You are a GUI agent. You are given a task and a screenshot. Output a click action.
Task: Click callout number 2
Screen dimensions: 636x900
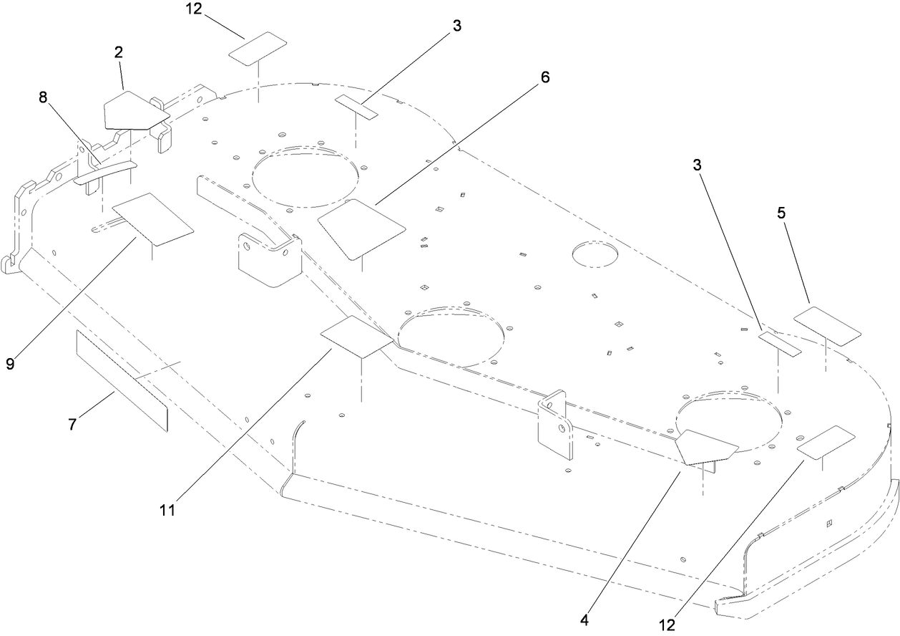pos(119,52)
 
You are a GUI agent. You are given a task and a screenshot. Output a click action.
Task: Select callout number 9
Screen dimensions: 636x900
pos(11,363)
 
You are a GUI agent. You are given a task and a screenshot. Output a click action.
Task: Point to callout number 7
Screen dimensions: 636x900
pos(72,424)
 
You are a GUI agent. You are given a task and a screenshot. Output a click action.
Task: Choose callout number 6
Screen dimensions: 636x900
pos(545,77)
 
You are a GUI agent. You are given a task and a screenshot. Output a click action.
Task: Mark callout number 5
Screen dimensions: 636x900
pos(781,213)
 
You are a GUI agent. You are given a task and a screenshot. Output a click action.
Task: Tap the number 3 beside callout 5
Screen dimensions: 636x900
pos(697,165)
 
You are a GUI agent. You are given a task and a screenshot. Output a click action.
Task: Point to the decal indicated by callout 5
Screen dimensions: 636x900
pos(827,326)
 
